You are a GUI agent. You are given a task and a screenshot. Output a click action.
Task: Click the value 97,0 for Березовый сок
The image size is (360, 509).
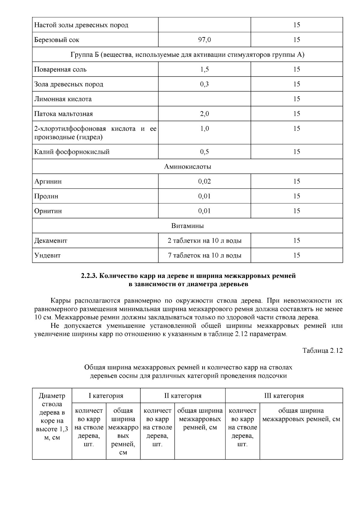coord(204,40)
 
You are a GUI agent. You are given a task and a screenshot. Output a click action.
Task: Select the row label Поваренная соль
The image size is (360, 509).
coord(60,69)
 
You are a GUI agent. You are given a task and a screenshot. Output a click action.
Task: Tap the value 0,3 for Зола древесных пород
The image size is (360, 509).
coord(204,84)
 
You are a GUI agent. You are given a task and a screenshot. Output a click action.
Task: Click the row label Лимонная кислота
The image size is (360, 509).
coord(63,99)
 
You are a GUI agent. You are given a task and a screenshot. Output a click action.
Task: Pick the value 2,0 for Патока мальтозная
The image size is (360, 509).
coord(204,114)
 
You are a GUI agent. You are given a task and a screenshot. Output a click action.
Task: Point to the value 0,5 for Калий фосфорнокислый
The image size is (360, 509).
coord(204,152)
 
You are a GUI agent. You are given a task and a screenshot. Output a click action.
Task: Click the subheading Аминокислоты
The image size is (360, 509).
coord(187,166)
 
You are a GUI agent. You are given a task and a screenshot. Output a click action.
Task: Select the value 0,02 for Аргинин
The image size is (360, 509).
coord(204,181)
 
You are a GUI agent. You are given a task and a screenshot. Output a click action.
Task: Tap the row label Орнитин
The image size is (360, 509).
coord(48,211)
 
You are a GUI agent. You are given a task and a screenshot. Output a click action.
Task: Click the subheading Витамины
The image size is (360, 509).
coord(187,226)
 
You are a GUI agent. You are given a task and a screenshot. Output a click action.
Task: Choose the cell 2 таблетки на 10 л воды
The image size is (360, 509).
coord(205,241)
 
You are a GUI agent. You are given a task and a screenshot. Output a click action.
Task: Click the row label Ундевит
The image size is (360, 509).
coord(47,256)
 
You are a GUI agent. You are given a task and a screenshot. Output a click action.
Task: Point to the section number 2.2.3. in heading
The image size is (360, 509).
coord(89,276)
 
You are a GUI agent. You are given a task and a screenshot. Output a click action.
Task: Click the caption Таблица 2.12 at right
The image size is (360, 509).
coord(322,351)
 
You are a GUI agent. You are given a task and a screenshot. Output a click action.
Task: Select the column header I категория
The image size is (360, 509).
coord(106,396)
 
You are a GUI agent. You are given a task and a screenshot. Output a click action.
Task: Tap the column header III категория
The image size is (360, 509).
coord(284,396)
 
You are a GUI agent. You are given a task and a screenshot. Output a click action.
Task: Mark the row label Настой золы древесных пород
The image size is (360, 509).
coord(81,25)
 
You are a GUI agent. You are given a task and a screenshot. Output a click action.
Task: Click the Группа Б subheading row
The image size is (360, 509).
coord(187,55)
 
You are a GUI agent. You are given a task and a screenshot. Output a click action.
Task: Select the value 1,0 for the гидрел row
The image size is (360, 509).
coord(204,129)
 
